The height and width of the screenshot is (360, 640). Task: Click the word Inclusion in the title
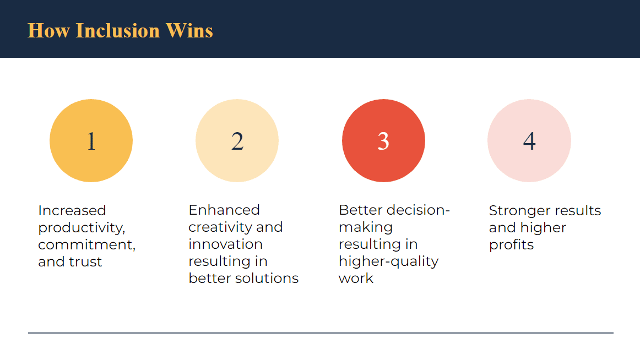tap(117, 31)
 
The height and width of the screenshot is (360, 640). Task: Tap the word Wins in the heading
tap(189, 31)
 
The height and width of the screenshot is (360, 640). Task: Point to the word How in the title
tap(48, 31)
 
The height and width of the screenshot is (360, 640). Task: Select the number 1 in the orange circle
tap(91, 141)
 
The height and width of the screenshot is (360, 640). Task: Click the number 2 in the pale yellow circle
tap(237, 141)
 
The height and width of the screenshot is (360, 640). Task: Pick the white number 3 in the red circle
tap(383, 141)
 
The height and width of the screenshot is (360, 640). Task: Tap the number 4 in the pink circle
tap(529, 141)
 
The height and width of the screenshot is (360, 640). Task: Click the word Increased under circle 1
tap(72, 210)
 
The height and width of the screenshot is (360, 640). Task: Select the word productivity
tap(82, 228)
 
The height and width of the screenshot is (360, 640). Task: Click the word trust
tap(85, 262)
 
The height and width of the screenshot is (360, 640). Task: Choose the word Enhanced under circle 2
tap(224, 210)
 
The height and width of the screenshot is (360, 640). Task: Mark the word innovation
tap(225, 244)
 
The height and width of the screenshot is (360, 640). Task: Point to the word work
tap(356, 278)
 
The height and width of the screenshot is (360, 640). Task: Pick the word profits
tap(512, 245)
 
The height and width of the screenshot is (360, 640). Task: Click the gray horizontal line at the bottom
tap(321, 333)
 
